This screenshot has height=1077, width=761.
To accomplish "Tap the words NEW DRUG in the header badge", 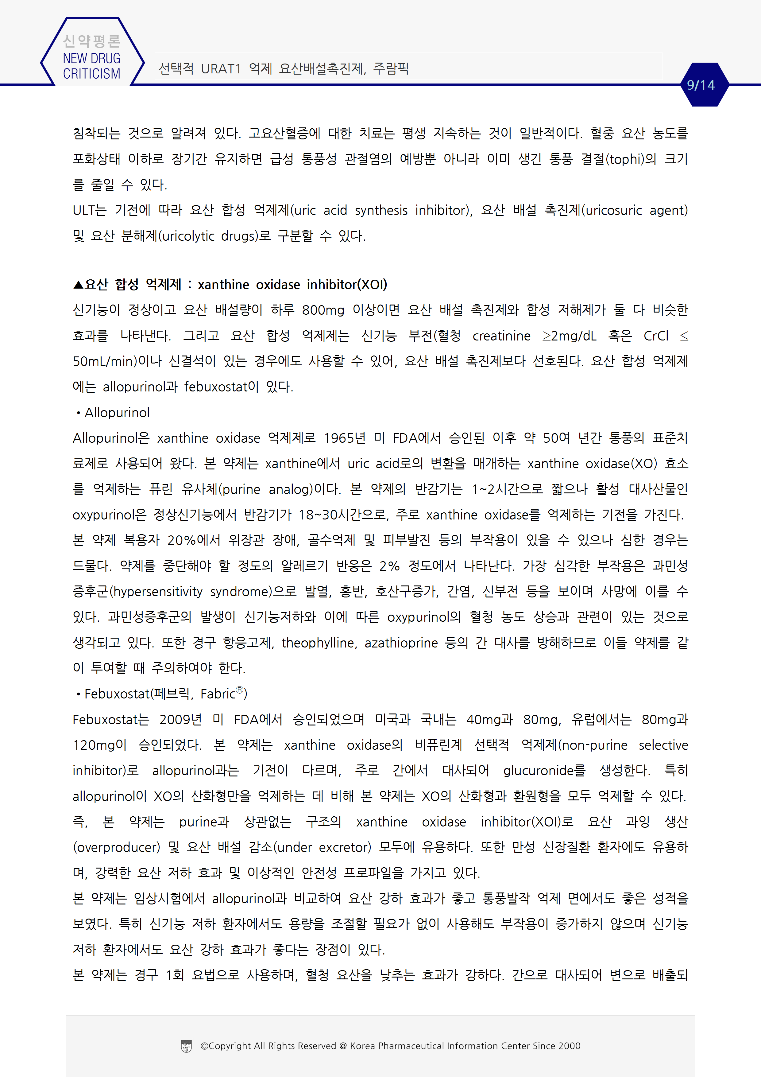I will pos(91,59).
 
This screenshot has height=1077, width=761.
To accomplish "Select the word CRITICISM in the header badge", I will pos(91,74).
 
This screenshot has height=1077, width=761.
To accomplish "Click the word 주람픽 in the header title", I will pos(391,69).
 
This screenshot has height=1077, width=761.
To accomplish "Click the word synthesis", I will pos(381,211).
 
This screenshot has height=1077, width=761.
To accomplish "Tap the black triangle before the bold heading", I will pos(78,285).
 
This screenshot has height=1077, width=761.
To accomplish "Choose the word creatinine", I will pos(501,336).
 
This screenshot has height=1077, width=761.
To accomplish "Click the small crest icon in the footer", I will pos(186,1046).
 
